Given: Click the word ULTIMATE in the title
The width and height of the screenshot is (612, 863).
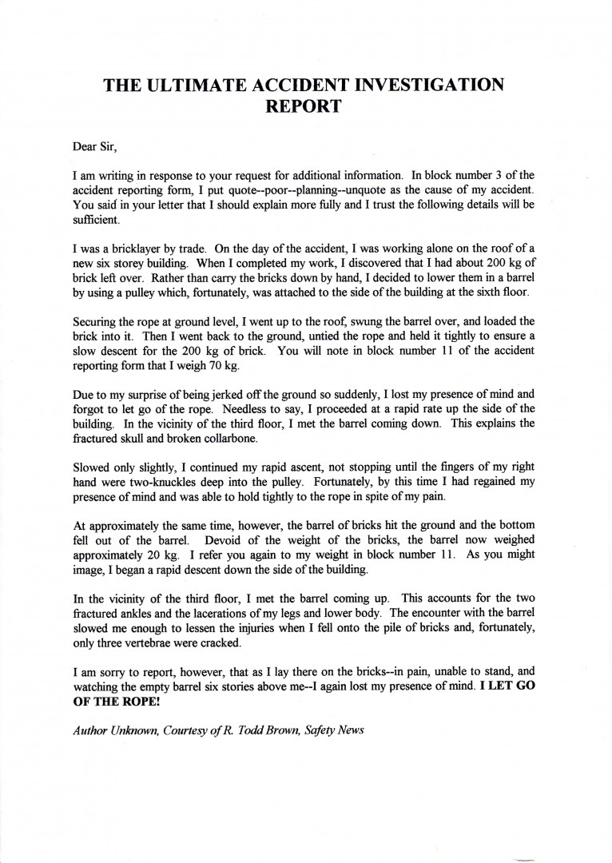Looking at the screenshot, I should point(209,86).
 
